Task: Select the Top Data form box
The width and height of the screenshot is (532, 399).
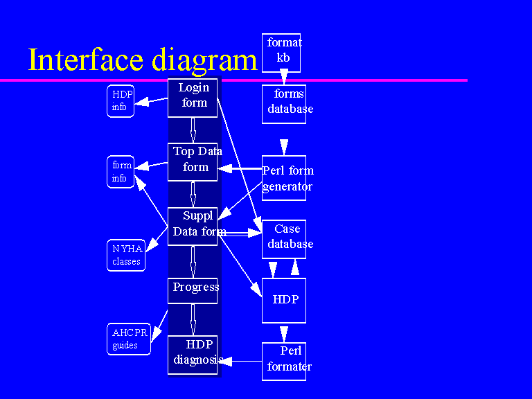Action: pyautogui.click(x=193, y=161)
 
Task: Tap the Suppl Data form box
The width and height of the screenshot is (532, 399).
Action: pyautogui.click(x=193, y=226)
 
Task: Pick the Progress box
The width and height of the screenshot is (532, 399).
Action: pyautogui.click(x=193, y=290)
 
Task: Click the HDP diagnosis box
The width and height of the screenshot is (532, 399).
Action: pyautogui.click(x=193, y=355)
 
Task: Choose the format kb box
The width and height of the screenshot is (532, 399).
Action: pyautogui.click(x=284, y=53)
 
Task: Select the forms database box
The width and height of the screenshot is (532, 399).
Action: pyautogui.click(x=284, y=104)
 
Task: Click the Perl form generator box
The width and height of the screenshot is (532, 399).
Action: pyautogui.click(x=284, y=179)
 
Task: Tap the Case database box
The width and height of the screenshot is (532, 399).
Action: pyautogui.click(x=284, y=239)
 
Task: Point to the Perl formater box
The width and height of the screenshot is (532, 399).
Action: pyautogui.click(x=284, y=361)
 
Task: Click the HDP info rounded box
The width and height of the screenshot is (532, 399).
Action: pyautogui.click(x=121, y=101)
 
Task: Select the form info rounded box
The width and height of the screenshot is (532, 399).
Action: pyautogui.click(x=121, y=172)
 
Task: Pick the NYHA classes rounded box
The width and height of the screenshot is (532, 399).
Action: pyautogui.click(x=126, y=255)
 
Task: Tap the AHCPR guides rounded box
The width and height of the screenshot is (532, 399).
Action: pyautogui.click(x=129, y=339)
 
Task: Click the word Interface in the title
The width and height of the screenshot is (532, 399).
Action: pyautogui.click(x=91, y=60)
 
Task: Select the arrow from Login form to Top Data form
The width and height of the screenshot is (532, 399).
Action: pyautogui.click(x=193, y=130)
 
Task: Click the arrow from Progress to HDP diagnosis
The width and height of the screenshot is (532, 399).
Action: pyautogui.click(x=193, y=320)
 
